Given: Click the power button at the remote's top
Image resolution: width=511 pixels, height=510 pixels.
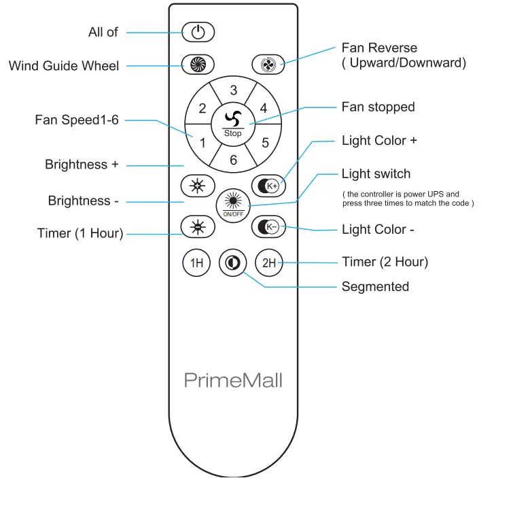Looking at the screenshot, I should [198, 32].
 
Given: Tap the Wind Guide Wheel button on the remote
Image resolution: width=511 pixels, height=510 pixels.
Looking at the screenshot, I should [198, 65].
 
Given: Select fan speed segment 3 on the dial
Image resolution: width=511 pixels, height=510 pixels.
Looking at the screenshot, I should [233, 90].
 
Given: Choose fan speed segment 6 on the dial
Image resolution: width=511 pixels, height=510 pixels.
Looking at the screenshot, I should [233, 160].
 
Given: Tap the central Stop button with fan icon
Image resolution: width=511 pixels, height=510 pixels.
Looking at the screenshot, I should [233, 124].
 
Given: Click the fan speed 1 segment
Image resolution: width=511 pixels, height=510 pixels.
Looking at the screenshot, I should [202, 142].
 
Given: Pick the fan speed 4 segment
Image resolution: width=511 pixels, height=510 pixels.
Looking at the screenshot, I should [263, 108].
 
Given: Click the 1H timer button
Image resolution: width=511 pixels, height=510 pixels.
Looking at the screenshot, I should [197, 263].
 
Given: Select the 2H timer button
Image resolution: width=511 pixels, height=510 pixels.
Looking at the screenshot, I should [269, 263].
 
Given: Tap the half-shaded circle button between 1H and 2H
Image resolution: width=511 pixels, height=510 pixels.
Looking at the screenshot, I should [233, 262].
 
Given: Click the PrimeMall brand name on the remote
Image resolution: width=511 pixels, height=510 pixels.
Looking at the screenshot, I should [233, 379].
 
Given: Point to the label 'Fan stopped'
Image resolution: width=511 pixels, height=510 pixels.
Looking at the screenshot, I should [378, 107].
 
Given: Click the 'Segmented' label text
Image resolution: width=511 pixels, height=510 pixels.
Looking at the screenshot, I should [375, 286].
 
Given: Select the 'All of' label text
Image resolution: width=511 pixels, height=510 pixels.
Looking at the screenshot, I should [103, 32].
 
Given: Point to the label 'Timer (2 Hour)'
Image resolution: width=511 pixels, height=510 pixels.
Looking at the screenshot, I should [385, 262].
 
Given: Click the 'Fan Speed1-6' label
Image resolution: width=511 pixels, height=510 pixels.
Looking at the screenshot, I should [77, 120].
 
